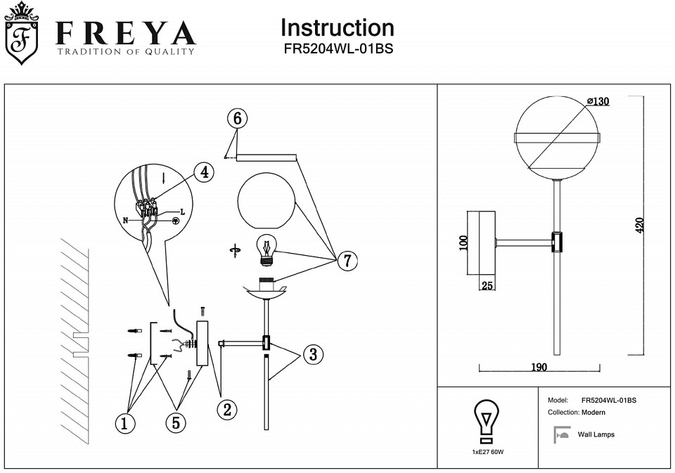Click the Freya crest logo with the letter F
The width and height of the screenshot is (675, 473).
(x=22, y=35)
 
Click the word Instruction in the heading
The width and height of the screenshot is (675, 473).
(x=337, y=27)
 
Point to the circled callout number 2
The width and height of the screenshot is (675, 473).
(x=226, y=409)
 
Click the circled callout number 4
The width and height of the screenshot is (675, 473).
(x=203, y=172)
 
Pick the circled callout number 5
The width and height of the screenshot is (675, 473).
(x=176, y=422)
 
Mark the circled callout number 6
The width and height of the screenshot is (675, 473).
(x=238, y=119)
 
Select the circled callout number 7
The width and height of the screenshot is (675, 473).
(x=346, y=261)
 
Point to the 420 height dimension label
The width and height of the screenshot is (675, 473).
(x=640, y=225)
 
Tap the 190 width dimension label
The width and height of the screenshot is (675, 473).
(x=539, y=367)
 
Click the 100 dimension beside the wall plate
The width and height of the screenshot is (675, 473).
(x=463, y=243)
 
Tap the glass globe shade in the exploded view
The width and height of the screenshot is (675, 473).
(x=266, y=200)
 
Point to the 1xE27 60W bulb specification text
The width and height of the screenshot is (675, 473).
(x=488, y=452)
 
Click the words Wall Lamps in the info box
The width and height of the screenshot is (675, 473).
(x=596, y=435)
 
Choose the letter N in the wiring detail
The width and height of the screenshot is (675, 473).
(x=126, y=220)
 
